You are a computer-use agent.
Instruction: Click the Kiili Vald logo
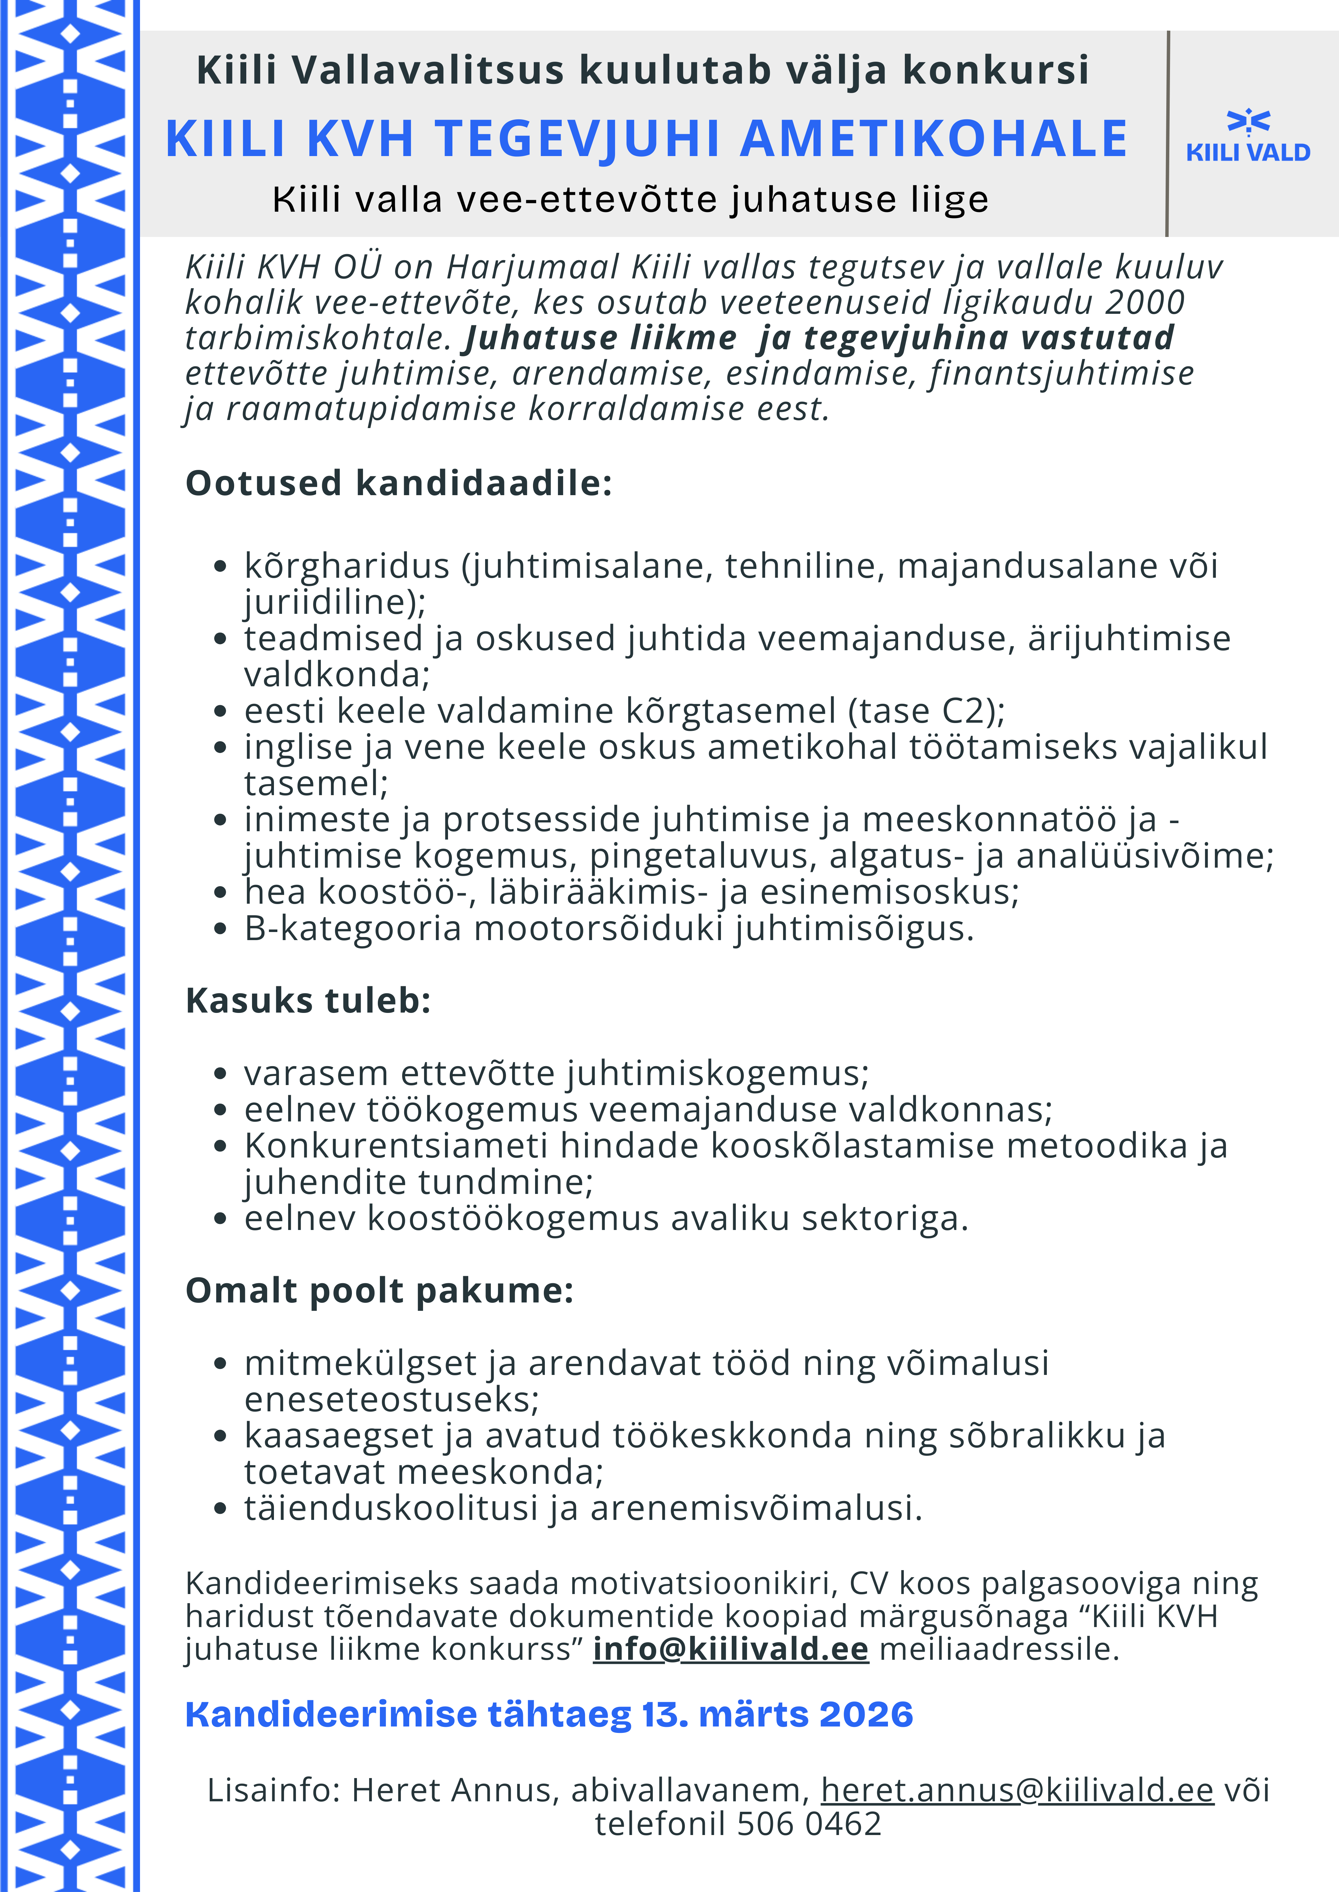[1248, 136]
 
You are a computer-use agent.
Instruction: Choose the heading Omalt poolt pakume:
[379, 1290]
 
